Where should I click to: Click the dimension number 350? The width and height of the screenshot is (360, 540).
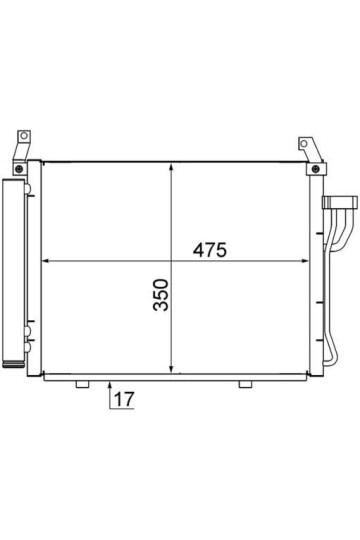tap(160, 295)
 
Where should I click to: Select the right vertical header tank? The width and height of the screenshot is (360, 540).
tap(316, 270)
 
